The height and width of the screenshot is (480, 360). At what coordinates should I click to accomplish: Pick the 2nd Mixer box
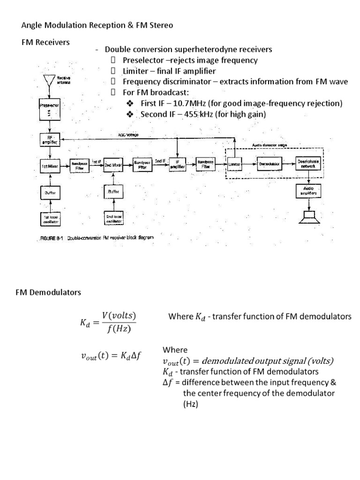tap(113, 165)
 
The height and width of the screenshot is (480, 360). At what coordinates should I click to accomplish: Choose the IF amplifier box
tap(177, 165)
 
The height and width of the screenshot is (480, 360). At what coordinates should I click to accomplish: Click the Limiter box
tap(235, 165)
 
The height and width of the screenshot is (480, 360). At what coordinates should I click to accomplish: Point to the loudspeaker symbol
tap(308, 218)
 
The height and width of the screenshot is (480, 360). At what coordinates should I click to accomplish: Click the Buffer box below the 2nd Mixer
tap(113, 192)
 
